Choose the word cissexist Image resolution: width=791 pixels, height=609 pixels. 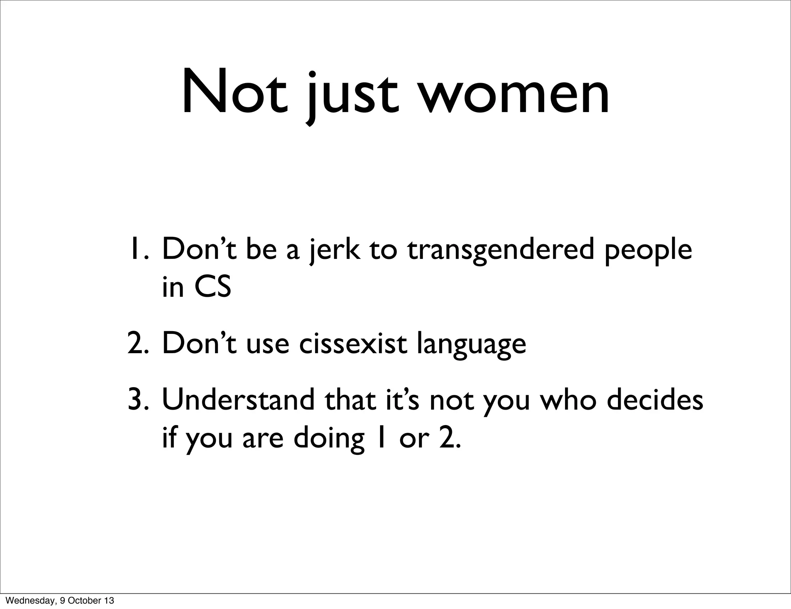tap(353, 343)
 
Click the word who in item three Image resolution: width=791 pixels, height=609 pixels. tap(568, 400)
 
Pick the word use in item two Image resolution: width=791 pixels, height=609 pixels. tap(267, 343)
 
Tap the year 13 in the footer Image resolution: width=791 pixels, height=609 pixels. tap(109, 601)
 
